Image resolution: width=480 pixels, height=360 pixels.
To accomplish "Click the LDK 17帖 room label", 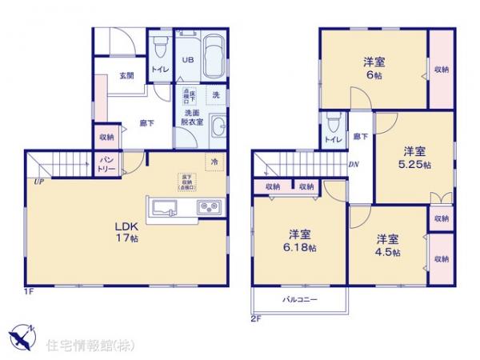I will pos(122,230).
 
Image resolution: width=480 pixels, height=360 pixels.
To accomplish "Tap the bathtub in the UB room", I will pos(213,58).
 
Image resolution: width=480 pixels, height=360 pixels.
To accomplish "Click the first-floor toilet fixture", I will pos(159,47).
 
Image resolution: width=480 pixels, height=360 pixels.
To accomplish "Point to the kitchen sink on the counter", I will pos(166,209).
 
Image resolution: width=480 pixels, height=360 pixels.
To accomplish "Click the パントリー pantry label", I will pos(106,167).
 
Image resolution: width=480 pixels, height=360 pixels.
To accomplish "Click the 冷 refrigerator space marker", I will pos(214,162).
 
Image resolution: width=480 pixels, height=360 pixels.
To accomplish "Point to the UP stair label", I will pos(38,182).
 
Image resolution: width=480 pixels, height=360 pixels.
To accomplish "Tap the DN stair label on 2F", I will pos(354,165).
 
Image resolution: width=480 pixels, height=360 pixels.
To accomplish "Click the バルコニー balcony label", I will pos(299,300).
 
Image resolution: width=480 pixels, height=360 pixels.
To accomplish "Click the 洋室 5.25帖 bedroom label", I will pos(414,157).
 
